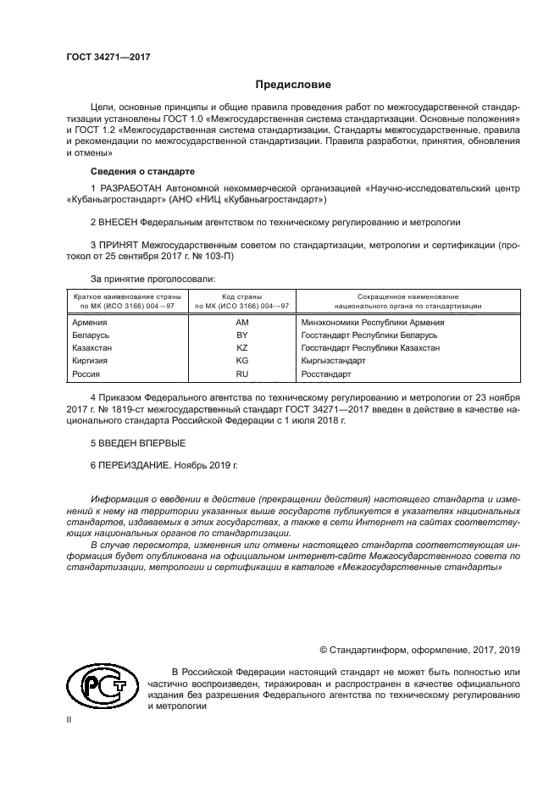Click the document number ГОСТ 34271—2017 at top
click(x=103, y=57)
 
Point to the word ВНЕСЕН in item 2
click(x=120, y=222)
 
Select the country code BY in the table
click(x=241, y=335)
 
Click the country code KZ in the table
click(x=241, y=348)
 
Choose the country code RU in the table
click(x=241, y=374)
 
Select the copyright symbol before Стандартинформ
click(x=323, y=650)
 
